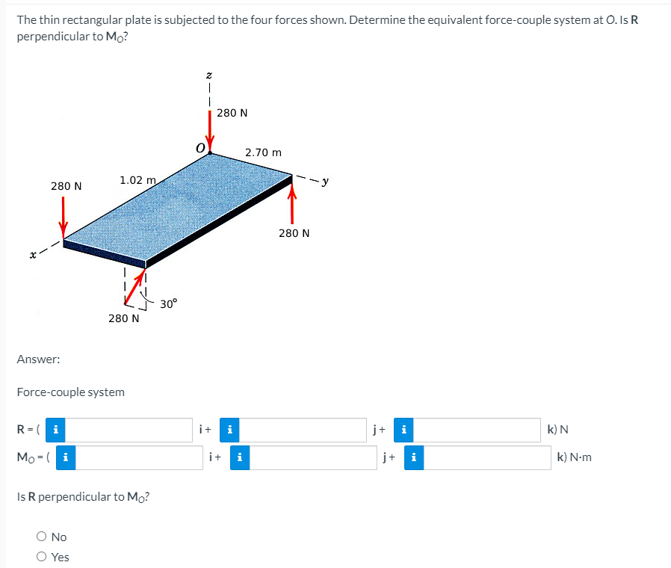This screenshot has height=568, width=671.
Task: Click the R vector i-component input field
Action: [x=133, y=430]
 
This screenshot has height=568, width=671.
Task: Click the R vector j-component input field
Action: [x=303, y=430]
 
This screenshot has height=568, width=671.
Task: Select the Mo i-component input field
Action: [x=139, y=457]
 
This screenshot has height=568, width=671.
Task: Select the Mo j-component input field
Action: [x=308, y=457]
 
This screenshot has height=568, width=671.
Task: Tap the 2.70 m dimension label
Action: [x=264, y=152]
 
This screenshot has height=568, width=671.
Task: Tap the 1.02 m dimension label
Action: [x=137, y=180]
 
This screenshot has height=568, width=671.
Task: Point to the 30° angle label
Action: [x=169, y=303]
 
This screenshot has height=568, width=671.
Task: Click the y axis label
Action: [x=325, y=180]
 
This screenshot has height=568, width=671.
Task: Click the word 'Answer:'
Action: [x=38, y=359]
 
